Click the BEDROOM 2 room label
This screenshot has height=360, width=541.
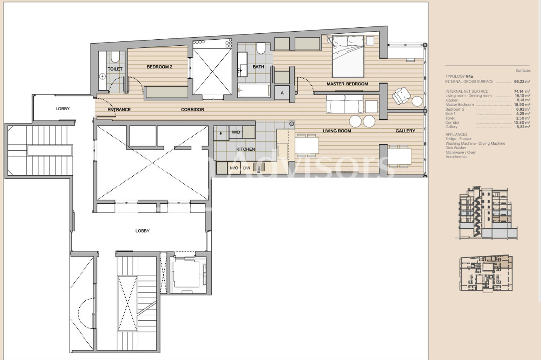(159, 67)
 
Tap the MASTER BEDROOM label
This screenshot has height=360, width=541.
(347, 84)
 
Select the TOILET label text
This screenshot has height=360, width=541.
(115, 69)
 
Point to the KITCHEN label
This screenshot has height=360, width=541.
(246, 150)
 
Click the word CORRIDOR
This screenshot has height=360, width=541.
(192, 110)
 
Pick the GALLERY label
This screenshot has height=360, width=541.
(405, 131)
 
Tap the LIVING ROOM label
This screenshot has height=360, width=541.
(337, 131)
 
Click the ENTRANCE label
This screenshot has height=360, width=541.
(119, 110)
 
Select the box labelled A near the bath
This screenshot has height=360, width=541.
(282, 93)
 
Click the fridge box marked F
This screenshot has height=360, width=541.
(221, 133)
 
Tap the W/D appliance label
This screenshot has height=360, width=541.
(236, 132)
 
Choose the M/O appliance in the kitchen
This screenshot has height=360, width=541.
(234, 168)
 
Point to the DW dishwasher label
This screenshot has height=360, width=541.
(246, 168)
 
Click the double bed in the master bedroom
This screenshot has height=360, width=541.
(348, 56)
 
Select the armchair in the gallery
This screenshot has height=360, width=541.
(400, 96)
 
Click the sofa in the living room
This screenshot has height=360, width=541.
(345, 105)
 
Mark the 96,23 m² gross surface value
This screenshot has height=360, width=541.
(522, 81)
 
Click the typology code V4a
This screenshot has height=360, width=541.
(469, 76)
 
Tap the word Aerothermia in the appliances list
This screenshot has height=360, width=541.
(456, 157)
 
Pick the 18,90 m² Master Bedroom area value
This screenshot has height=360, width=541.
(522, 105)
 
